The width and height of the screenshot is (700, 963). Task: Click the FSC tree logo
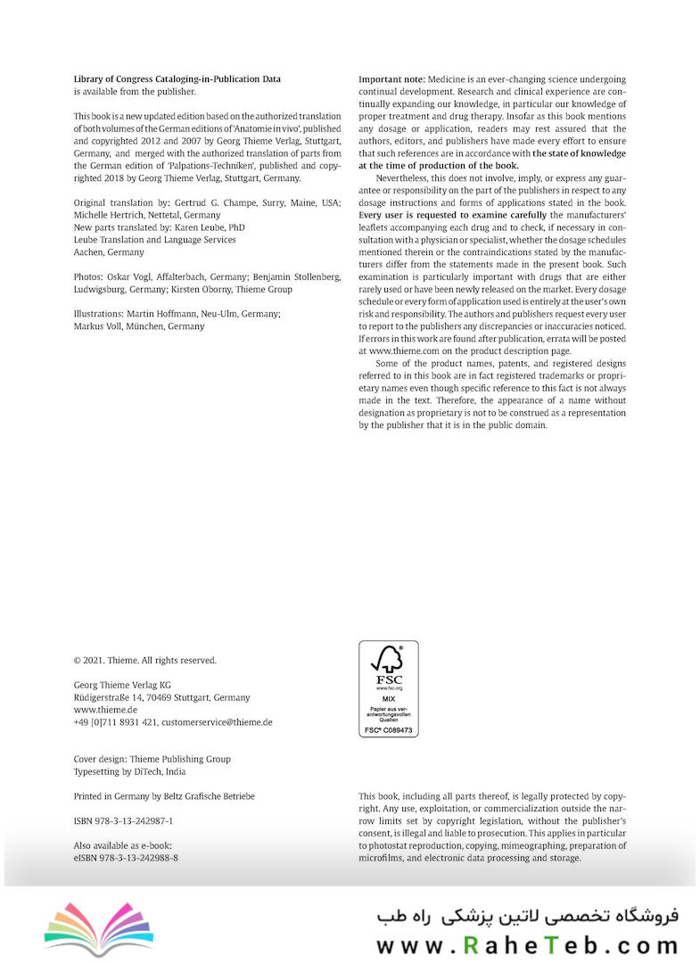[388, 661]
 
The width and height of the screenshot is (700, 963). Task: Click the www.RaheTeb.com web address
[527, 945]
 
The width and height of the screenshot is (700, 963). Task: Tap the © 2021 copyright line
[144, 661]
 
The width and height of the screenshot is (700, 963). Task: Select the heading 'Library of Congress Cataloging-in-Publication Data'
[177, 79]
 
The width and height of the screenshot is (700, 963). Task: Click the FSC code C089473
[389, 730]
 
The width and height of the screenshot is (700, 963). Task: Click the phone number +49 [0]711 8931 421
[115, 722]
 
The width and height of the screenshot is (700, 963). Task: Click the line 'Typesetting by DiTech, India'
[129, 772]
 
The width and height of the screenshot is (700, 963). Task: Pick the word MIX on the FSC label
[388, 700]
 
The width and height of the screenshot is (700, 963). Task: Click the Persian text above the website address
[527, 915]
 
